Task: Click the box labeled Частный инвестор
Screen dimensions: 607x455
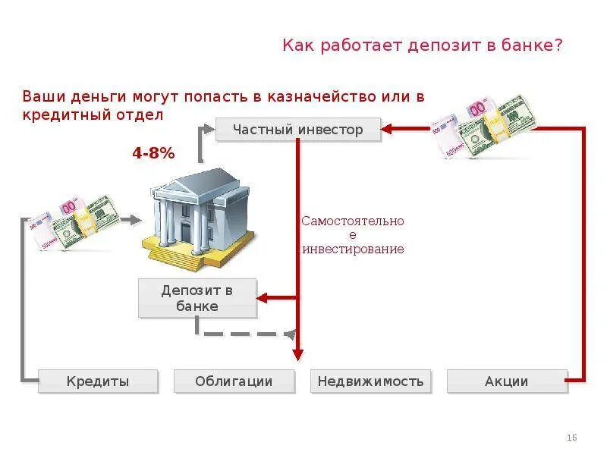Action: pos(297,130)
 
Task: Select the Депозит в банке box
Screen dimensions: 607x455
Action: pos(197,298)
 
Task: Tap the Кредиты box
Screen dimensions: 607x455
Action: pos(98,381)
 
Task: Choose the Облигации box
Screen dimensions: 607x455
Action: pos(233,381)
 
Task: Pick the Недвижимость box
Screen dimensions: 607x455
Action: pos(370,381)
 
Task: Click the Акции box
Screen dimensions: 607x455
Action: pos(506,381)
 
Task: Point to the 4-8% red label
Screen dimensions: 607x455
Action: pos(153,153)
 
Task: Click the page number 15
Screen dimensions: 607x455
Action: pos(572,438)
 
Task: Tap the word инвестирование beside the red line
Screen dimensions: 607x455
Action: pos(353,249)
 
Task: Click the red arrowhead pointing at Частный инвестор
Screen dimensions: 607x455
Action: pos(386,130)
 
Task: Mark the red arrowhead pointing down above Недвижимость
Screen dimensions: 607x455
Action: pos(298,354)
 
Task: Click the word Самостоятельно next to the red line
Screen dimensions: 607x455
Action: pos(353,221)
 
